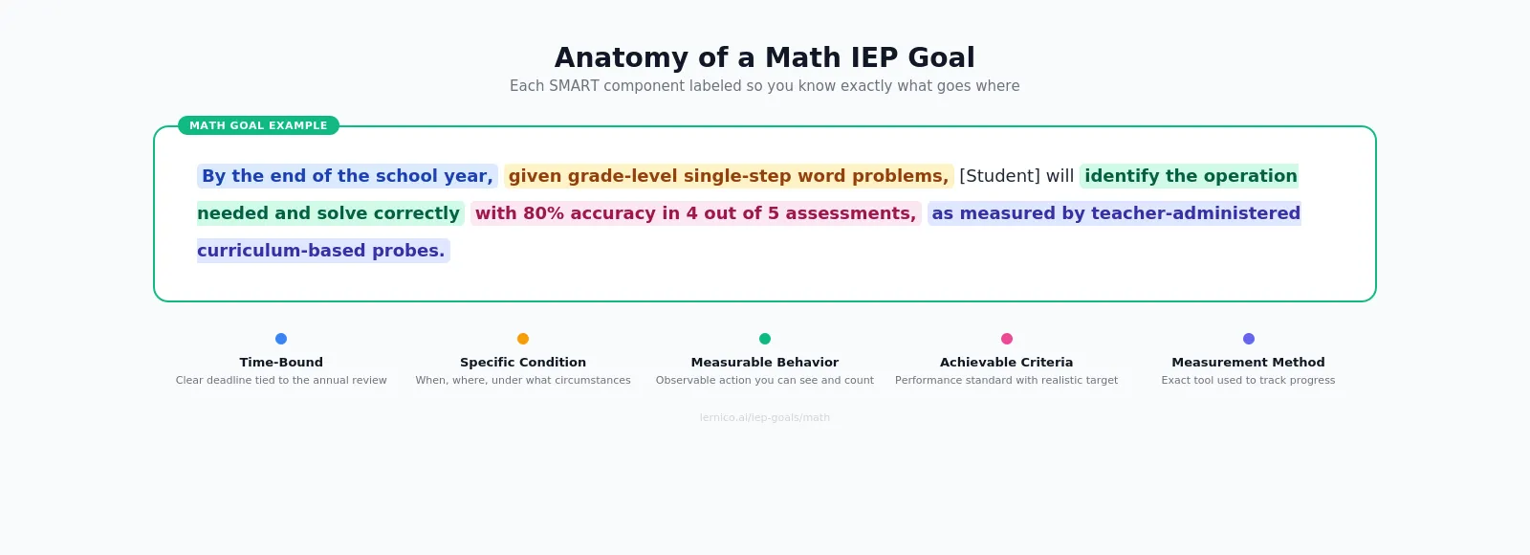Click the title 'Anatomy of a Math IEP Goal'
(x=764, y=57)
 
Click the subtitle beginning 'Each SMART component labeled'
(x=764, y=86)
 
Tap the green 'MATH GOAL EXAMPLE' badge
(x=258, y=125)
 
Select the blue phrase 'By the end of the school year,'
(x=347, y=176)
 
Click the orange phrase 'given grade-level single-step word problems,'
(x=728, y=176)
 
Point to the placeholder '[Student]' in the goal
(x=999, y=176)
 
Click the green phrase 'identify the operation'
(x=1190, y=176)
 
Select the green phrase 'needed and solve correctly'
(x=329, y=213)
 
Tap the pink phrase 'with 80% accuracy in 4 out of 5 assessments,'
(x=695, y=213)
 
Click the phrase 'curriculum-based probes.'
(x=321, y=251)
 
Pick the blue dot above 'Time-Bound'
(x=281, y=339)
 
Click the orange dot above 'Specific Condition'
(x=523, y=339)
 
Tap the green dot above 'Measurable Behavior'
(x=765, y=339)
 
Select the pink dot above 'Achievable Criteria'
(x=1007, y=339)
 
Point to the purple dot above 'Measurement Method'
(x=1249, y=339)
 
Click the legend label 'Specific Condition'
(x=523, y=363)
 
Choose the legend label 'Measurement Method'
(x=1248, y=363)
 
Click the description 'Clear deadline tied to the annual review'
(x=281, y=381)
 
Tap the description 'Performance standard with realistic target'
(x=1006, y=381)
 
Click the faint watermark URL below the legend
(x=764, y=418)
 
